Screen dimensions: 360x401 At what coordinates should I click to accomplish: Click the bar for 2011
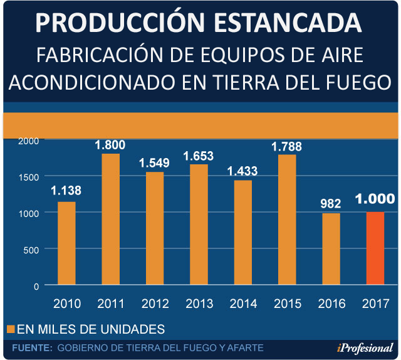(110, 219)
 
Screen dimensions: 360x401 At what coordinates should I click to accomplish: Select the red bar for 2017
(375, 248)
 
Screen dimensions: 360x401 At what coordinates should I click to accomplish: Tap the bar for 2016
(331, 249)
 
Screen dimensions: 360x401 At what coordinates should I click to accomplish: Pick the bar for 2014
(242, 233)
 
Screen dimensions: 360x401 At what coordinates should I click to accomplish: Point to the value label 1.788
(286, 147)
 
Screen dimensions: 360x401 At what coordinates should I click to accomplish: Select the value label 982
(331, 203)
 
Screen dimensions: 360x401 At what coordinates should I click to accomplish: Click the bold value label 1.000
(375, 199)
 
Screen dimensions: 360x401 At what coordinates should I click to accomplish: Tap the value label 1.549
(154, 162)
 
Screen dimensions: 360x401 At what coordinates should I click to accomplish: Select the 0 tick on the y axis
(36, 285)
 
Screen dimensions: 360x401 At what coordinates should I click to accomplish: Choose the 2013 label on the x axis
(199, 304)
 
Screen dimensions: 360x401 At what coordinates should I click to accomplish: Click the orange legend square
(11, 329)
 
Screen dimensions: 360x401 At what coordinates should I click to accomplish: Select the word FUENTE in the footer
(31, 347)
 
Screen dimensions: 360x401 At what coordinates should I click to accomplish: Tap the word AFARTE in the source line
(246, 347)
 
